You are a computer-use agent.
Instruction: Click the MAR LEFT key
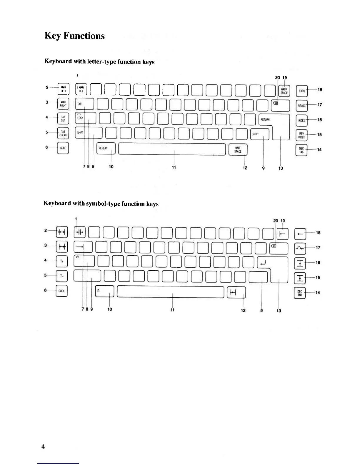tap(63, 89)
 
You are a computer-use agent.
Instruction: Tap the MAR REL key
tap(81, 89)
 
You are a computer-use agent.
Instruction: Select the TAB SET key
tap(63, 119)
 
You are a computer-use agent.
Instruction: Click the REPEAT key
tap(106, 149)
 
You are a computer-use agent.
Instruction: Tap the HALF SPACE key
tap(238, 149)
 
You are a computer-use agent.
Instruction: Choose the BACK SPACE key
tap(284, 91)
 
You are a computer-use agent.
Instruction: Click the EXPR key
tap(301, 91)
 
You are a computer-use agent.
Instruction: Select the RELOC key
tap(301, 106)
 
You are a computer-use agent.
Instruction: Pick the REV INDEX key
tap(301, 135)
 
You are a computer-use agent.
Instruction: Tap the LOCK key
tap(85, 118)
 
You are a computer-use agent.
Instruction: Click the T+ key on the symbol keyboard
tap(62, 261)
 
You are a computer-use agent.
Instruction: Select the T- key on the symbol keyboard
tap(62, 276)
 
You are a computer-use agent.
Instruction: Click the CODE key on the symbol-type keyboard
tap(62, 291)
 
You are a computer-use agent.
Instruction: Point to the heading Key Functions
tap(74, 36)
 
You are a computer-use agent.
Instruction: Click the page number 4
tap(43, 447)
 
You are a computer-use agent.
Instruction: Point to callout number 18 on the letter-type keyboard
tap(320, 90)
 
